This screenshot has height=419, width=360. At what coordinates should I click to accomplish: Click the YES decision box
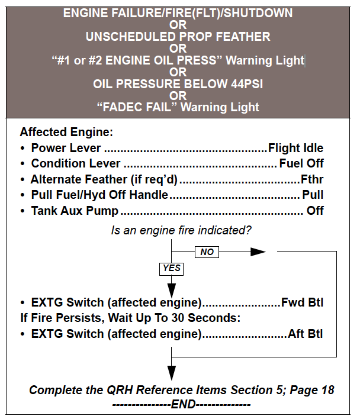coord(172,269)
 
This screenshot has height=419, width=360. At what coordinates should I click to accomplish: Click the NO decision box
coord(207,252)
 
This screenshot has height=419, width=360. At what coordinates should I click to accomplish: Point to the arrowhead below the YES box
coord(172,291)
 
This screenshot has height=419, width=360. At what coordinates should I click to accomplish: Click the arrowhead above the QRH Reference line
coord(172,373)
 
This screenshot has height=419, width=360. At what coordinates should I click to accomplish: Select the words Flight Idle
coord(295,148)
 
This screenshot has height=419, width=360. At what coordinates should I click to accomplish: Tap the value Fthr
coord(312,179)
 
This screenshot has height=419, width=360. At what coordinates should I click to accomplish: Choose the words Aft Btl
coord(306,334)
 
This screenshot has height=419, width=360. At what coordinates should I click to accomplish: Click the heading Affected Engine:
coord(66,133)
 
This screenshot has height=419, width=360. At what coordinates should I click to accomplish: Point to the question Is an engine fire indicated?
coord(179,229)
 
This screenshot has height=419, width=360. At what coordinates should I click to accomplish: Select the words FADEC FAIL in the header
coord(136,107)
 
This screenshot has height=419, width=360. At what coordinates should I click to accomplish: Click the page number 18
coord(327,390)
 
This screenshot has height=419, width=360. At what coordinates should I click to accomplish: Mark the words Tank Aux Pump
coord(75,210)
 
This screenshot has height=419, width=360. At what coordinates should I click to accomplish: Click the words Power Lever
coord(66,148)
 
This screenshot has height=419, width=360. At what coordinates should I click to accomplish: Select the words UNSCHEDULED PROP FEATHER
coord(178,36)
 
